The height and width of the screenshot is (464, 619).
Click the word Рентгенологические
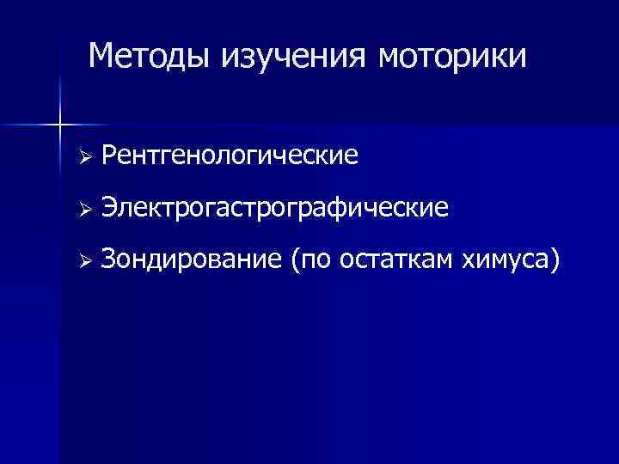(x=229, y=156)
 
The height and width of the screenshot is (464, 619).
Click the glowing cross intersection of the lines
(x=59, y=125)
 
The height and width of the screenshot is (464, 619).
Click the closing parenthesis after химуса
(x=556, y=259)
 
